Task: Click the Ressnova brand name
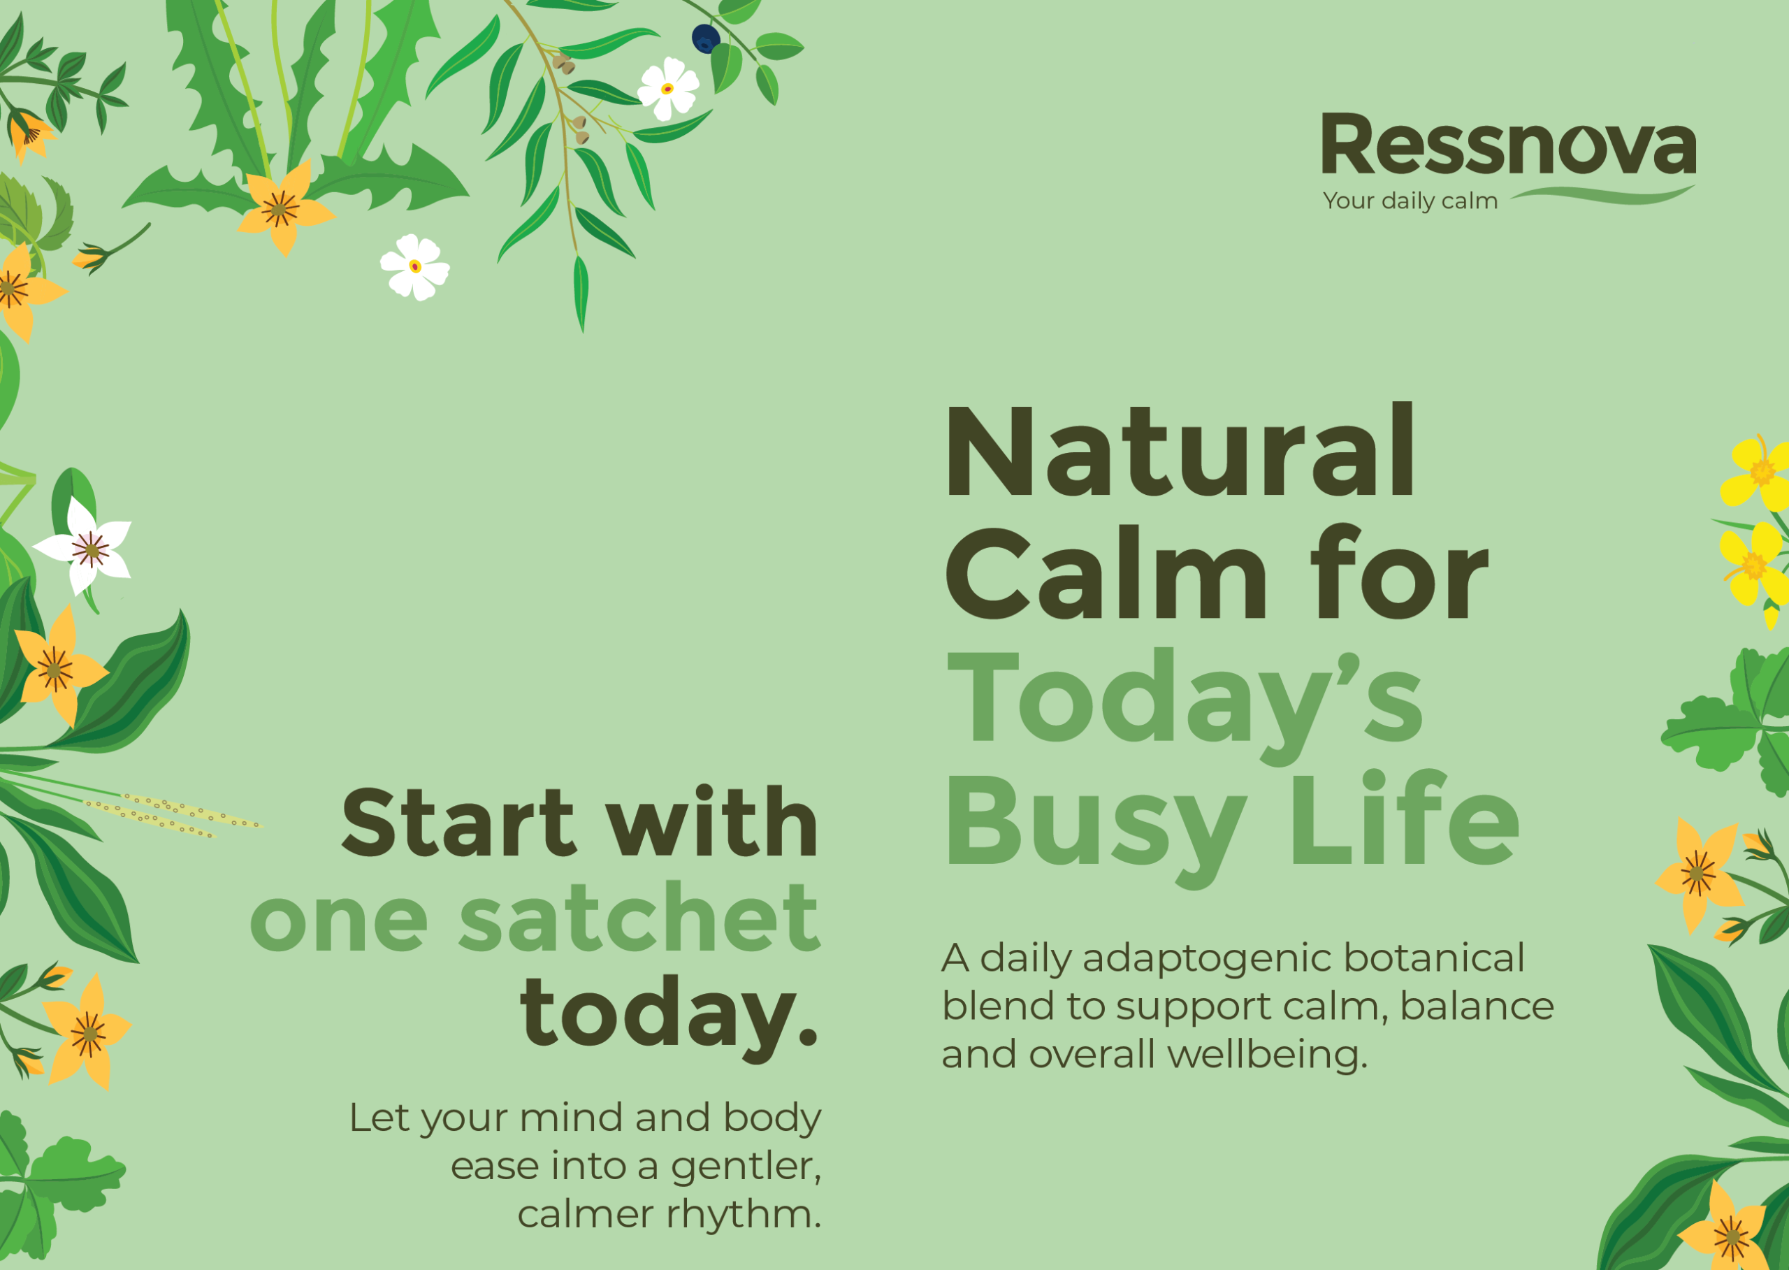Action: [x=1508, y=144]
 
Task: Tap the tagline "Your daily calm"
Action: [x=1410, y=201]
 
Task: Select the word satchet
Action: [x=639, y=917]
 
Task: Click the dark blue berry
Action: [x=706, y=39]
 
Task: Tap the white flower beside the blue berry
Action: [x=669, y=88]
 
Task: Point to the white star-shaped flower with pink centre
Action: [x=86, y=547]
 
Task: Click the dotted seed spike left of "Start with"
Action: [x=173, y=814]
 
